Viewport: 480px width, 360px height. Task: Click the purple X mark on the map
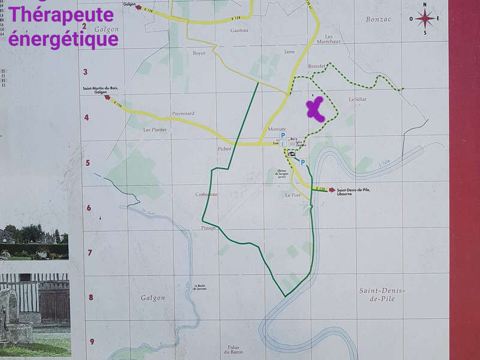pyautogui.click(x=315, y=109)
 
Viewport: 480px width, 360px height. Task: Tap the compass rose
pyautogui.click(x=425, y=19)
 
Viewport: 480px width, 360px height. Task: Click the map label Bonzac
pyautogui.click(x=379, y=19)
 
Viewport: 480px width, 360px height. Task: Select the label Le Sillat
pyautogui.click(x=357, y=99)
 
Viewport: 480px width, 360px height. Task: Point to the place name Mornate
pyautogui.click(x=277, y=129)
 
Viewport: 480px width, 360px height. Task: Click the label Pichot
pyautogui.click(x=224, y=148)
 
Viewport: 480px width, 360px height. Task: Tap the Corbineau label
pyautogui.click(x=206, y=194)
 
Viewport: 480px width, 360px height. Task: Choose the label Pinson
pyautogui.click(x=208, y=229)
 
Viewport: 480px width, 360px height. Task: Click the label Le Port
pyautogui.click(x=292, y=195)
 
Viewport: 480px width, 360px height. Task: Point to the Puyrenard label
pyautogui.click(x=183, y=113)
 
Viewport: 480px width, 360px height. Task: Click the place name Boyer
pyautogui.click(x=199, y=53)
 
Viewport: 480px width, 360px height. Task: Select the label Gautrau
pyautogui.click(x=239, y=30)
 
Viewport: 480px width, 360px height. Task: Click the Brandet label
pyautogui.click(x=316, y=66)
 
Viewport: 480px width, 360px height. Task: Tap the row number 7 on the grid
pyautogui.click(x=90, y=253)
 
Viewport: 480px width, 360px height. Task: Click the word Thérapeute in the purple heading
pyautogui.click(x=62, y=16)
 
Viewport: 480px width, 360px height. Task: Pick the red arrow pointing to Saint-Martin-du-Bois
pyautogui.click(x=107, y=97)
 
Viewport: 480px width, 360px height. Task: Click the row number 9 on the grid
pyautogui.click(x=92, y=342)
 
